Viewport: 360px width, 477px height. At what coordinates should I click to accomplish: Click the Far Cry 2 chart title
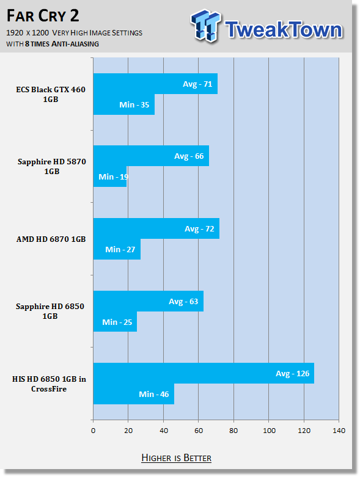point(43,16)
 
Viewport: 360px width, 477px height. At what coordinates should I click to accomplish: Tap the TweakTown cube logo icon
point(206,26)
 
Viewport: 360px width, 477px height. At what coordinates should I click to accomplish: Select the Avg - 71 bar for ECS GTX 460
point(155,84)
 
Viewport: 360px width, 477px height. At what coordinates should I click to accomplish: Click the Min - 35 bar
point(124,104)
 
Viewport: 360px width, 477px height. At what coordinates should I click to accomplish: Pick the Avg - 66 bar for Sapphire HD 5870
point(151,156)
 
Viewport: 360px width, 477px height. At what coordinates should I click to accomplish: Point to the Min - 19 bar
point(110,177)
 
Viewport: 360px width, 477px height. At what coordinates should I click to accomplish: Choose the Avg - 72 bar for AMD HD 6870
point(156,228)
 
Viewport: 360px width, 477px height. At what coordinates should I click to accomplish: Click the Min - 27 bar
point(117,249)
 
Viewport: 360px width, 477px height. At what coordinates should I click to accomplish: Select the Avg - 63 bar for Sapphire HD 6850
point(148,301)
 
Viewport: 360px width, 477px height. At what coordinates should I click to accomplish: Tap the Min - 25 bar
point(115,321)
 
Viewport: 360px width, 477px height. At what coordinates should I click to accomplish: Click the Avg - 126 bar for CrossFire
point(204,373)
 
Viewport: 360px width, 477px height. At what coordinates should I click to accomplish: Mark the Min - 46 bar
point(134,394)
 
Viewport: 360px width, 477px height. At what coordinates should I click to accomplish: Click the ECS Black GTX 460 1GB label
point(51,94)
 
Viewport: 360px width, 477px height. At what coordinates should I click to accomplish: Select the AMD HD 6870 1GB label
point(51,239)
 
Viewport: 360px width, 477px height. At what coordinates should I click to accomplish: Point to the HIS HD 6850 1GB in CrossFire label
point(49,384)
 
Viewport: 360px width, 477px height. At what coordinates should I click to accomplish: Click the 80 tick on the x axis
point(233,431)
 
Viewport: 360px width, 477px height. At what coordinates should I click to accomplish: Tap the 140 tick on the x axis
point(339,431)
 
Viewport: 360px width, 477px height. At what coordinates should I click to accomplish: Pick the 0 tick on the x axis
point(93,431)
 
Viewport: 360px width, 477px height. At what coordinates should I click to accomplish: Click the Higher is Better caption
point(177,458)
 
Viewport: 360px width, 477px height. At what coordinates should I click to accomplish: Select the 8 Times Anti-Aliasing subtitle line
point(53,44)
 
